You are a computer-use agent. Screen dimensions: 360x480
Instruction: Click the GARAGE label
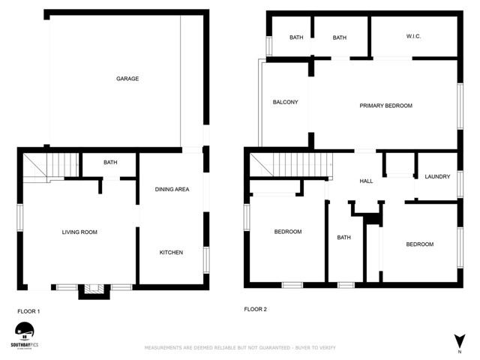127,79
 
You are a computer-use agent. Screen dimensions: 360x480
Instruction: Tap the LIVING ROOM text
79,232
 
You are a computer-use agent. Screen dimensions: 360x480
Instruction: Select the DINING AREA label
172,189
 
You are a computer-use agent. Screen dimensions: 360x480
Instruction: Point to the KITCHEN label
171,253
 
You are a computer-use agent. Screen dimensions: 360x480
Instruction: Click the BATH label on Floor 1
110,163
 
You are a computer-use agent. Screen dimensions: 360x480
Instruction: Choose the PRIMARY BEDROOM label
385,106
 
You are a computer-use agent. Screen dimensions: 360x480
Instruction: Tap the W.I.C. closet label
414,37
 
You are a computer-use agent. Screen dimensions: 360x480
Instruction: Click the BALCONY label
285,103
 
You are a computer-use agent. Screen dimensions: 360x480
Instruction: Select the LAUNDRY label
436,177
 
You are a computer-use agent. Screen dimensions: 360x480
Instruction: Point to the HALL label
366,181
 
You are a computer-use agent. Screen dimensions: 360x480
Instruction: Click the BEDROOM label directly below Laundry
419,244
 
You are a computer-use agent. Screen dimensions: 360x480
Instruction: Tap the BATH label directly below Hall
343,238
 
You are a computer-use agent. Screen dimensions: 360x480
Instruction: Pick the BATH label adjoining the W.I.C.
340,37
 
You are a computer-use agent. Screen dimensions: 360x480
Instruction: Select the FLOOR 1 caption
28,310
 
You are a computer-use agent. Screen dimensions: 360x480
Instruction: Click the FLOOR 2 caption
256,309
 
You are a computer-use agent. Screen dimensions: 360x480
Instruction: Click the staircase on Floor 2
291,163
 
